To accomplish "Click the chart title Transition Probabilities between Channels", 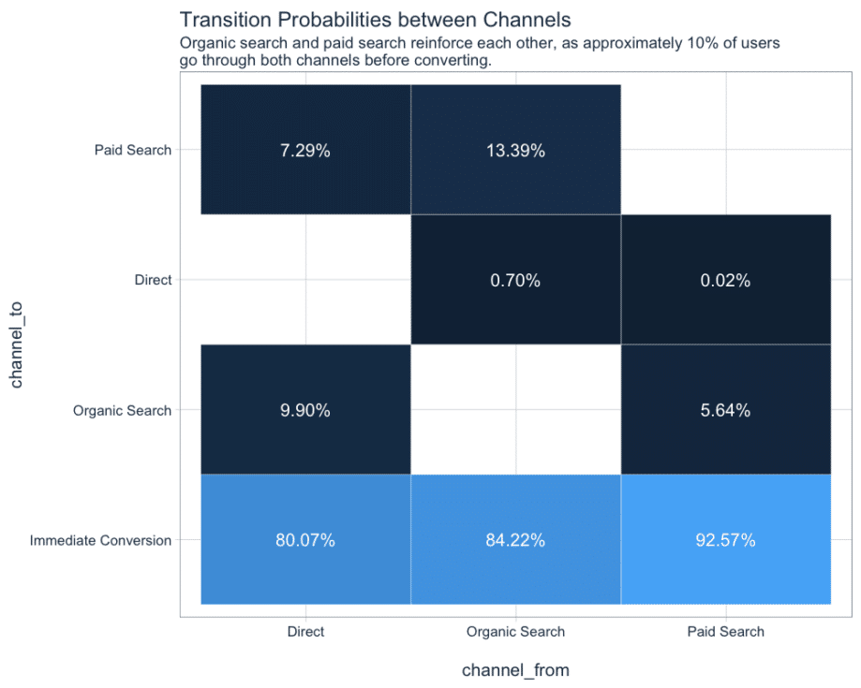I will [375, 20].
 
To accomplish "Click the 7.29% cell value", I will [305, 150].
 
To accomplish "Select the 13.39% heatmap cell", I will [515, 150].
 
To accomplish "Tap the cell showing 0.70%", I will [515, 280].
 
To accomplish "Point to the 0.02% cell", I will [725, 280].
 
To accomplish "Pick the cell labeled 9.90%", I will [305, 410].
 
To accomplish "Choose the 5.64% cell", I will [725, 410].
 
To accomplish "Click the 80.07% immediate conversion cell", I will [305, 540].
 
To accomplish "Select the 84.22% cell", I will [515, 540].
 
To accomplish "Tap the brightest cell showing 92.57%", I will [725, 540].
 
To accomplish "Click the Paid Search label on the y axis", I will [133, 150].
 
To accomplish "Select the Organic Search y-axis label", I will [122, 410].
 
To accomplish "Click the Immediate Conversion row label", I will [101, 540].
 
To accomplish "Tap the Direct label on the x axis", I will [305, 632].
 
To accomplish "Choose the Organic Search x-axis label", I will [515, 632].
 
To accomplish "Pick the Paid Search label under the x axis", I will [725, 632].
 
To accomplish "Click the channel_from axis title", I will [515, 670].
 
